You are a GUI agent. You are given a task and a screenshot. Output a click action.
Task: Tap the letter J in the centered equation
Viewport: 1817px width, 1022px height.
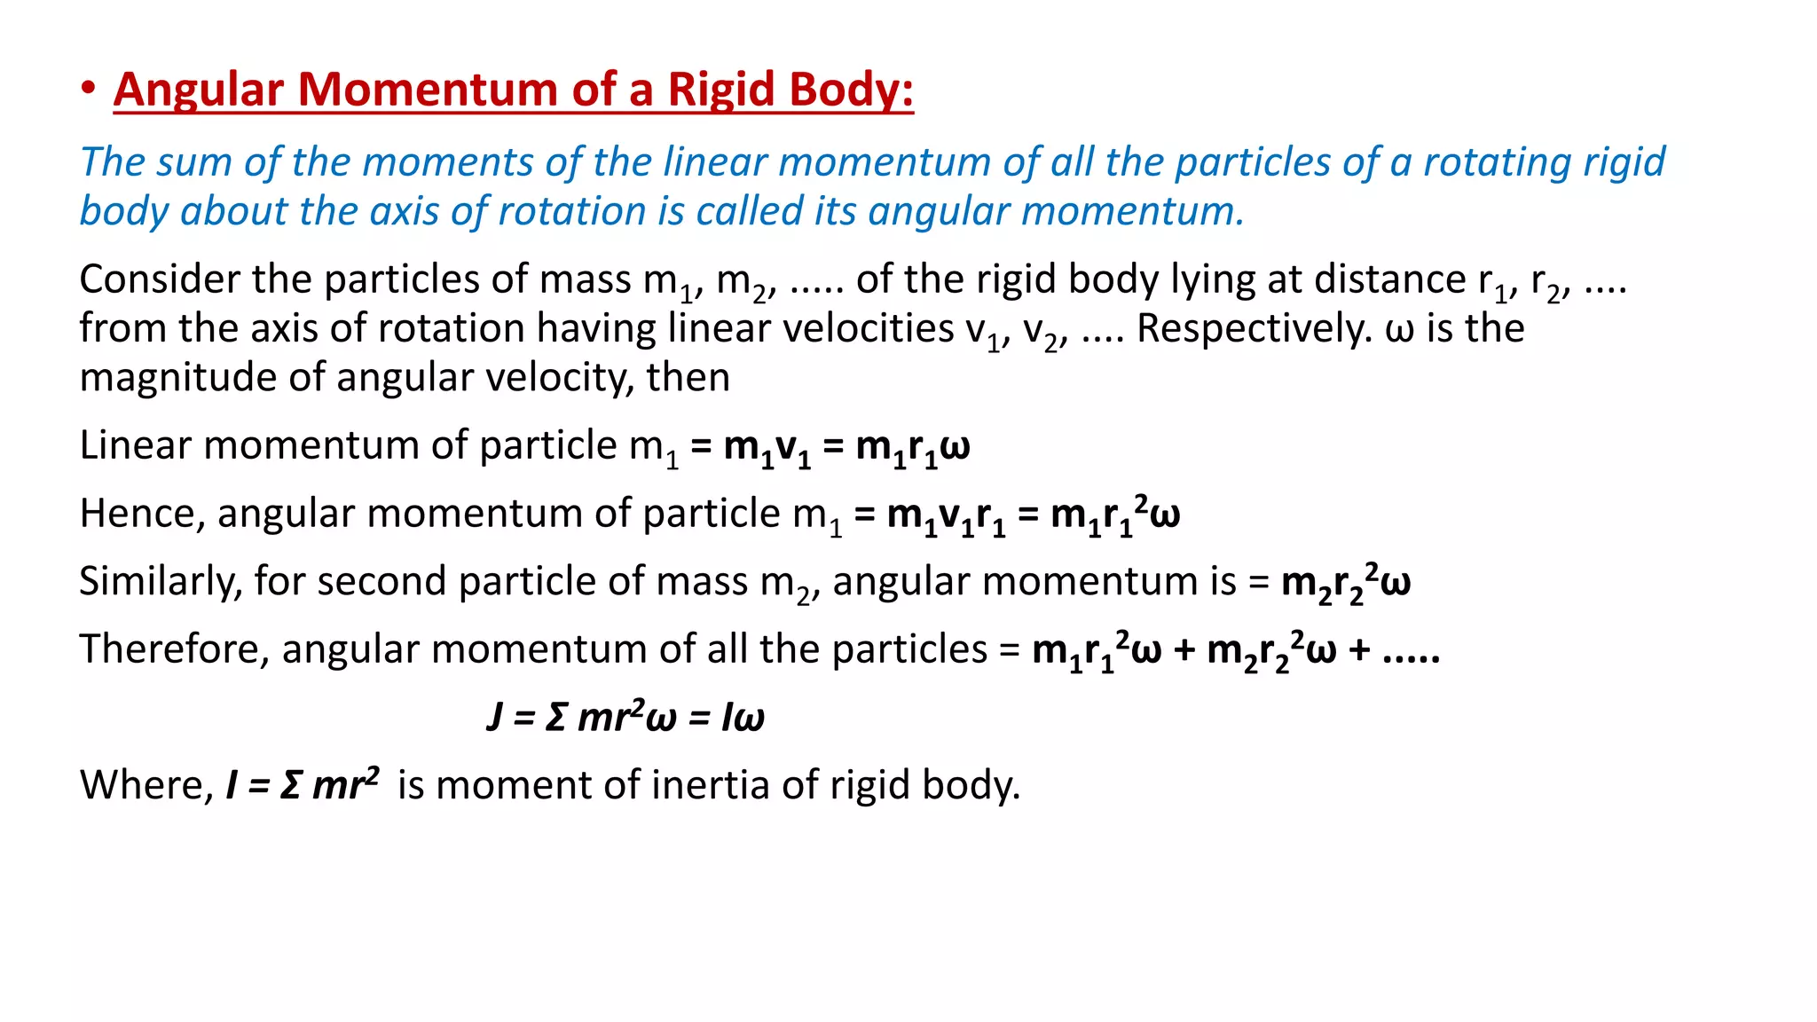tap(495, 717)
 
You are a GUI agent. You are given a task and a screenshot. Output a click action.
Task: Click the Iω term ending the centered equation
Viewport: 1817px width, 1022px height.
tap(743, 717)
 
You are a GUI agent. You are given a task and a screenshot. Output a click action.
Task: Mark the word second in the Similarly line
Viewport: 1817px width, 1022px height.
tap(382, 582)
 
